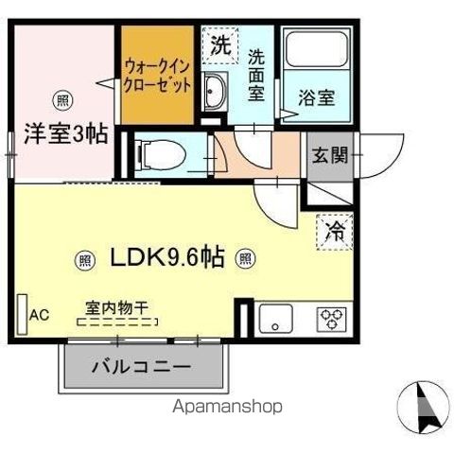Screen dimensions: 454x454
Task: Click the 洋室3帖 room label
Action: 64,133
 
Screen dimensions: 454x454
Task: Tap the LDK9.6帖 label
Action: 166,256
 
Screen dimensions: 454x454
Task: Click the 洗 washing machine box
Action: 219,44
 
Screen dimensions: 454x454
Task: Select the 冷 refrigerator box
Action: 334,228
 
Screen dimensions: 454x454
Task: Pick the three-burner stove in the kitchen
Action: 332,319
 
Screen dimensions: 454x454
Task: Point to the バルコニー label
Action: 142,367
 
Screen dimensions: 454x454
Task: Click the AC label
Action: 39,314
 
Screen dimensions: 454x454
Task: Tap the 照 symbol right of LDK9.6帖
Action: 245,256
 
